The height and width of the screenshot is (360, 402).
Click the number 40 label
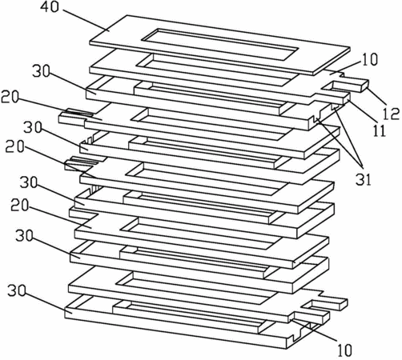(x=50, y=6)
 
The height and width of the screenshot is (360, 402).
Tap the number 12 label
(x=391, y=114)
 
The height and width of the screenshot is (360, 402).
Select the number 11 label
(x=379, y=130)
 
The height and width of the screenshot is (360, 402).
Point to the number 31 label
(x=364, y=179)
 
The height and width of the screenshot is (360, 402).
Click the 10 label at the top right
(x=369, y=59)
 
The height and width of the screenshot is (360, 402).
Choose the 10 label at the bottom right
(x=345, y=350)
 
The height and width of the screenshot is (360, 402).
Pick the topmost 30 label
(x=42, y=71)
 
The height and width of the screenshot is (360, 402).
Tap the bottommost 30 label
(x=17, y=290)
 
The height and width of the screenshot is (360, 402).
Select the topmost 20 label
(x=10, y=98)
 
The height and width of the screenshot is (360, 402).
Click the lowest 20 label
(x=19, y=206)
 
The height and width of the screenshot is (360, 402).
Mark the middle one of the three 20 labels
(x=14, y=146)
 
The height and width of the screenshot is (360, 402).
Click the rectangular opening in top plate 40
(x=219, y=44)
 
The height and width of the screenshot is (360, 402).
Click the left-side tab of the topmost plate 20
(x=74, y=117)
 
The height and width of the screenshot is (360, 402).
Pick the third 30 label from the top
(x=29, y=182)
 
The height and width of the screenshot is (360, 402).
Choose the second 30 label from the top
(x=33, y=127)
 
